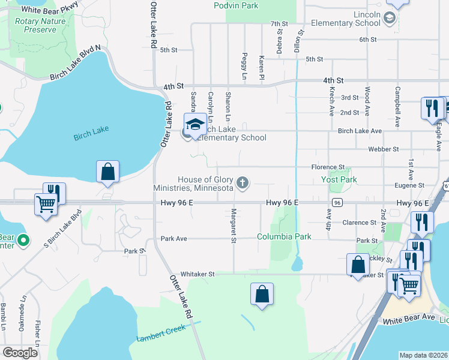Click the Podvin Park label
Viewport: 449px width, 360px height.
[236, 5]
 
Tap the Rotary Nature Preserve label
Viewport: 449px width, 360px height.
[40, 24]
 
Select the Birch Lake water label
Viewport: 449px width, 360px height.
[89, 136]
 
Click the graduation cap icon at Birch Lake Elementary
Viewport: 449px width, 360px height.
[195, 125]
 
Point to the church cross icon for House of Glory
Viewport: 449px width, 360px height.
[243, 182]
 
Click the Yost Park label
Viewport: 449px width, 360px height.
[339, 179]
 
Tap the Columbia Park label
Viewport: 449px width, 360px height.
[285, 236]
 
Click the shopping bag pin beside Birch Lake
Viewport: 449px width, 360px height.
[107, 172]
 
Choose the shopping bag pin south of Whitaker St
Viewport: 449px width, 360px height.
[262, 294]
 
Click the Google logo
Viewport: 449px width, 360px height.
[20, 352]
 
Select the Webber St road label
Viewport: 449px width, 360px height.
[384, 149]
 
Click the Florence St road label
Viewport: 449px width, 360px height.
[328, 167]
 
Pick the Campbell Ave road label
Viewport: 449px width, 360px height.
[397, 107]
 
